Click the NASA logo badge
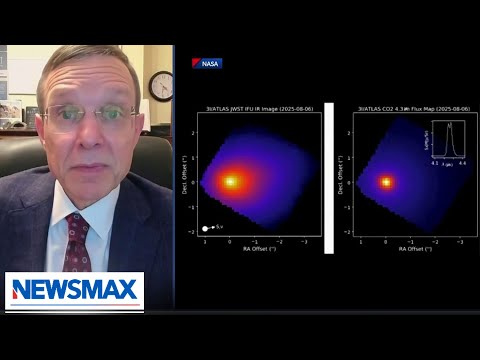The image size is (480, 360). click(208, 63)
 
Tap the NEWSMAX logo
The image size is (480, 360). click(75, 291)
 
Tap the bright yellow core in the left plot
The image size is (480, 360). click(231, 182)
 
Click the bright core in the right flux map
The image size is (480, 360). click(387, 182)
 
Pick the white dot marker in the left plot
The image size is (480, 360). click(205, 228)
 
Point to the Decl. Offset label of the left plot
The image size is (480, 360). click(186, 175)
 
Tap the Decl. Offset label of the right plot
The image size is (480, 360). click(341, 175)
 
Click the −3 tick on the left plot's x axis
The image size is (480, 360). click(304, 242)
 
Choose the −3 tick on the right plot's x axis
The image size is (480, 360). click(460, 242)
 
